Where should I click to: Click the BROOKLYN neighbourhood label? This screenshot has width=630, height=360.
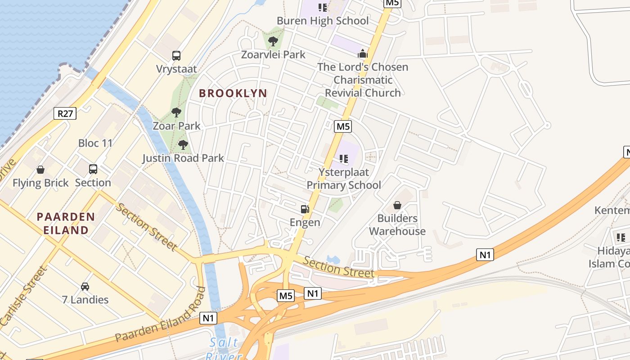pyautogui.click(x=233, y=93)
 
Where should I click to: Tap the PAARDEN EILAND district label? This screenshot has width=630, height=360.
pyautogui.click(x=66, y=224)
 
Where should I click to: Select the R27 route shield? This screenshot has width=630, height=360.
pyautogui.click(x=65, y=113)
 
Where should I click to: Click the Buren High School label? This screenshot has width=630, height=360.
pyautogui.click(x=322, y=21)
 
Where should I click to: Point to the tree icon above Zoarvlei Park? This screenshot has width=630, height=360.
pyautogui.click(x=273, y=42)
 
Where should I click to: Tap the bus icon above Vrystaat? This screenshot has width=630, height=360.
pyautogui.click(x=176, y=56)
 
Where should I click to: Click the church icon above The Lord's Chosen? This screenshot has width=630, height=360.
pyautogui.click(x=363, y=54)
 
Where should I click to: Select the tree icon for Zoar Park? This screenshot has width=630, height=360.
pyautogui.click(x=176, y=112)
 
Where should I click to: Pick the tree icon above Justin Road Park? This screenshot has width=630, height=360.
pyautogui.click(x=183, y=145)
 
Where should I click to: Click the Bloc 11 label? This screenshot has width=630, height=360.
pyautogui.click(x=95, y=143)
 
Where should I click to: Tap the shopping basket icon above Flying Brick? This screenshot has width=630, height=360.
pyautogui.click(x=40, y=170)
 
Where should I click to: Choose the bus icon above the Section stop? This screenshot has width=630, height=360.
pyautogui.click(x=93, y=169)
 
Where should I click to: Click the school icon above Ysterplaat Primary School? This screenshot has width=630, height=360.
pyautogui.click(x=344, y=158)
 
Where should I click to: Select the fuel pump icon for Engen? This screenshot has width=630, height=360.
pyautogui.click(x=305, y=209)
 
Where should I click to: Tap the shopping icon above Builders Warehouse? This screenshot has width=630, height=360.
pyautogui.click(x=397, y=206)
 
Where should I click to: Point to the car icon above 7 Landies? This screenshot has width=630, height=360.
pyautogui.click(x=85, y=286)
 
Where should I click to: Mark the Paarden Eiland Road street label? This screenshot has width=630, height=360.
pyautogui.click(x=160, y=315)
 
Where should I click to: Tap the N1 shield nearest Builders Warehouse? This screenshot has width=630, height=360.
pyautogui.click(x=485, y=255)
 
